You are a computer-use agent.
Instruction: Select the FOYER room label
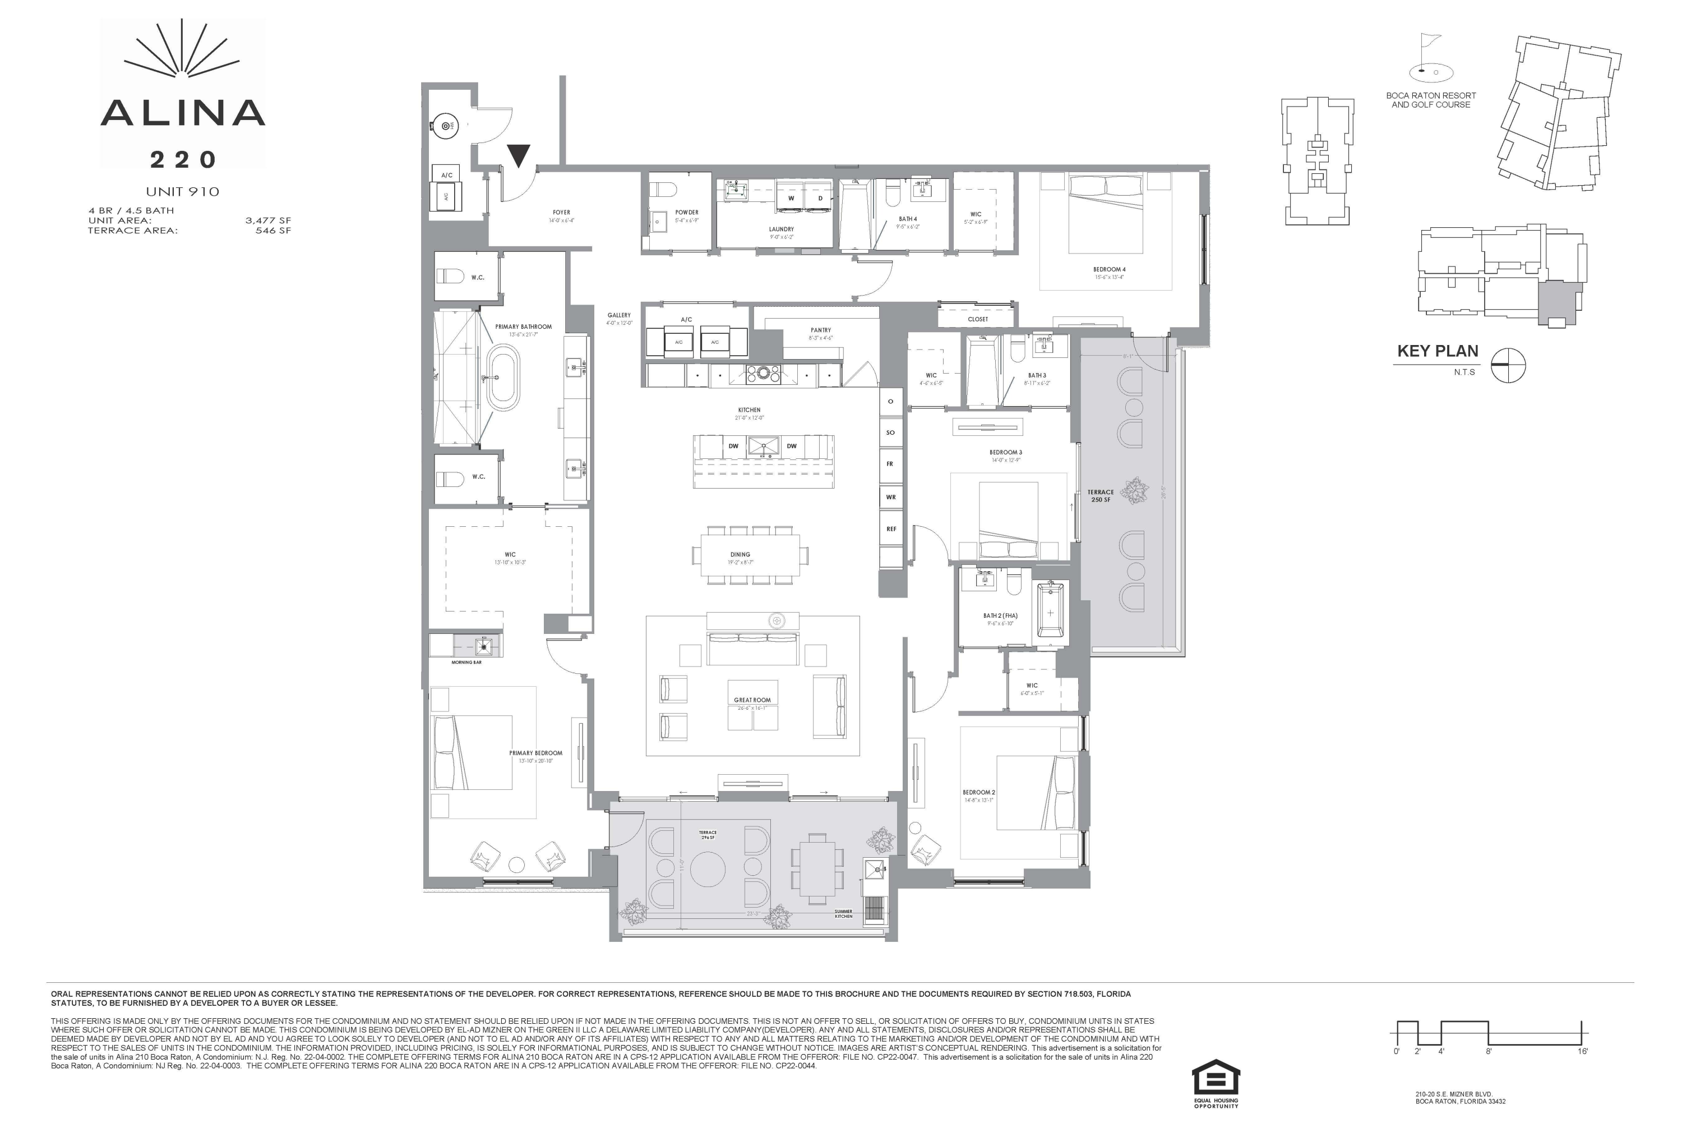[x=561, y=213]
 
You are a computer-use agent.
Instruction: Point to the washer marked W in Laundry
[x=791, y=198]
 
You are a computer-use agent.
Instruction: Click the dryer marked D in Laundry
[x=820, y=198]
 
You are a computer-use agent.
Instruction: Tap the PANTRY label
[x=820, y=330]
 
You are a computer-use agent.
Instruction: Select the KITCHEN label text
[x=750, y=410]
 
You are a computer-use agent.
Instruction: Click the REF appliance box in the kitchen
[x=891, y=529]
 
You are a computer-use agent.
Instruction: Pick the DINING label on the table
[x=740, y=555]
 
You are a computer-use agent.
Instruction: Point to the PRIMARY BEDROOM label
[x=535, y=753]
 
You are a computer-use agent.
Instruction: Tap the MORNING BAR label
[x=466, y=663]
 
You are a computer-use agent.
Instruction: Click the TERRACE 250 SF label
[x=1101, y=496]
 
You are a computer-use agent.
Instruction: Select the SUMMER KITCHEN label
[x=843, y=914]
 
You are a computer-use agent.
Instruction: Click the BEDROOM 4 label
[x=1109, y=270]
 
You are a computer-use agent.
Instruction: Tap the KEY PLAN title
[x=1438, y=351]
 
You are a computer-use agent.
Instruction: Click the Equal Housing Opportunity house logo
[x=1216, y=1078]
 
